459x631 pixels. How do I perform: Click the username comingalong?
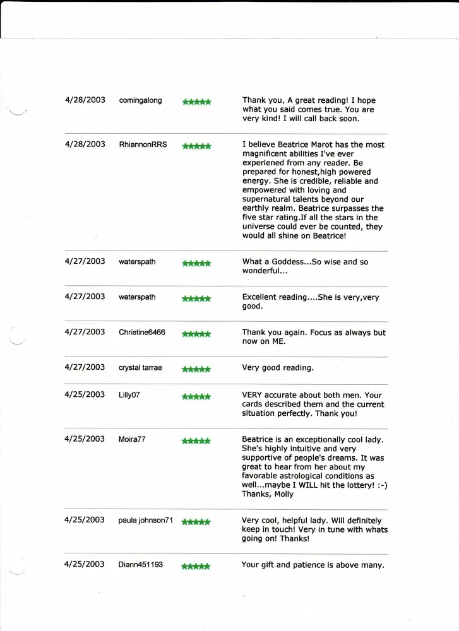pos(140,100)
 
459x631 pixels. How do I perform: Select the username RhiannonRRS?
pos(143,144)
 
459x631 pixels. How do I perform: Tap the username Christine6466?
pos(142,333)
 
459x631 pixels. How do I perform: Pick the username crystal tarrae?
pos(140,368)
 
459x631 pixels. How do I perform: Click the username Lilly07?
pos(131,395)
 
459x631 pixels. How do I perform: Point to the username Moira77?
pos(132,439)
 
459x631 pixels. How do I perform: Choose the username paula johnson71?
pos(145,521)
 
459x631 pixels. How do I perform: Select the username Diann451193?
pos(140,565)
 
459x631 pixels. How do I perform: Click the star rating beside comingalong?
pos(196,102)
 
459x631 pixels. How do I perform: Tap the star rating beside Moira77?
pos(196,440)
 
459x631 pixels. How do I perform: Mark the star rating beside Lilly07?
pos(196,396)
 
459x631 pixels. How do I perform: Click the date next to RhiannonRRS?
pos(85,144)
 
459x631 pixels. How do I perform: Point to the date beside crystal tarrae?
pos(85,367)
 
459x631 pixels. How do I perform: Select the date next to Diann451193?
pos(85,564)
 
